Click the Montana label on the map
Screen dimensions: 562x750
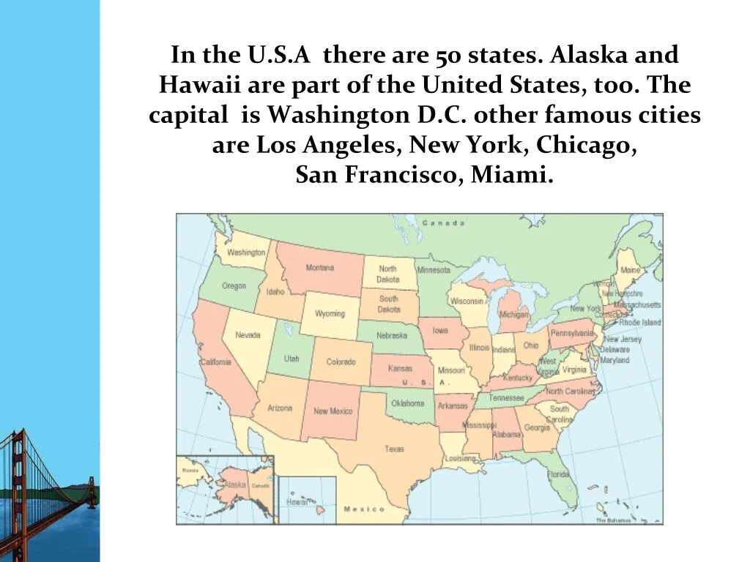pyautogui.click(x=320, y=268)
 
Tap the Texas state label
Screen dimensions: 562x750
pyautogui.click(x=394, y=449)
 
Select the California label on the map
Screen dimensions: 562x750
pyautogui.click(x=216, y=362)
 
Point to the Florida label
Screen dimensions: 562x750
pyautogui.click(x=558, y=474)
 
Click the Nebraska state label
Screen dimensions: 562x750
pyautogui.click(x=392, y=335)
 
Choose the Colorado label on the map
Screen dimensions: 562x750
pyautogui.click(x=341, y=362)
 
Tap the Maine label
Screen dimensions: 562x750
pyautogui.click(x=630, y=270)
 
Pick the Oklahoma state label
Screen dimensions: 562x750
pyautogui.click(x=407, y=403)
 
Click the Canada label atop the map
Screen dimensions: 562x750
pyautogui.click(x=443, y=222)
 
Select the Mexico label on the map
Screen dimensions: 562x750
pyautogui.click(x=364, y=509)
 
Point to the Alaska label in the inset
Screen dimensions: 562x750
pyautogui.click(x=236, y=484)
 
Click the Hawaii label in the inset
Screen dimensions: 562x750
pyautogui.click(x=297, y=503)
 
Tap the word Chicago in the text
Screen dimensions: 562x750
pyautogui.click(x=584, y=145)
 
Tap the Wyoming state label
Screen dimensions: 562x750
pyautogui.click(x=330, y=314)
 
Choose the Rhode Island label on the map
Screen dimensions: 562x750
pyautogui.click(x=639, y=322)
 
